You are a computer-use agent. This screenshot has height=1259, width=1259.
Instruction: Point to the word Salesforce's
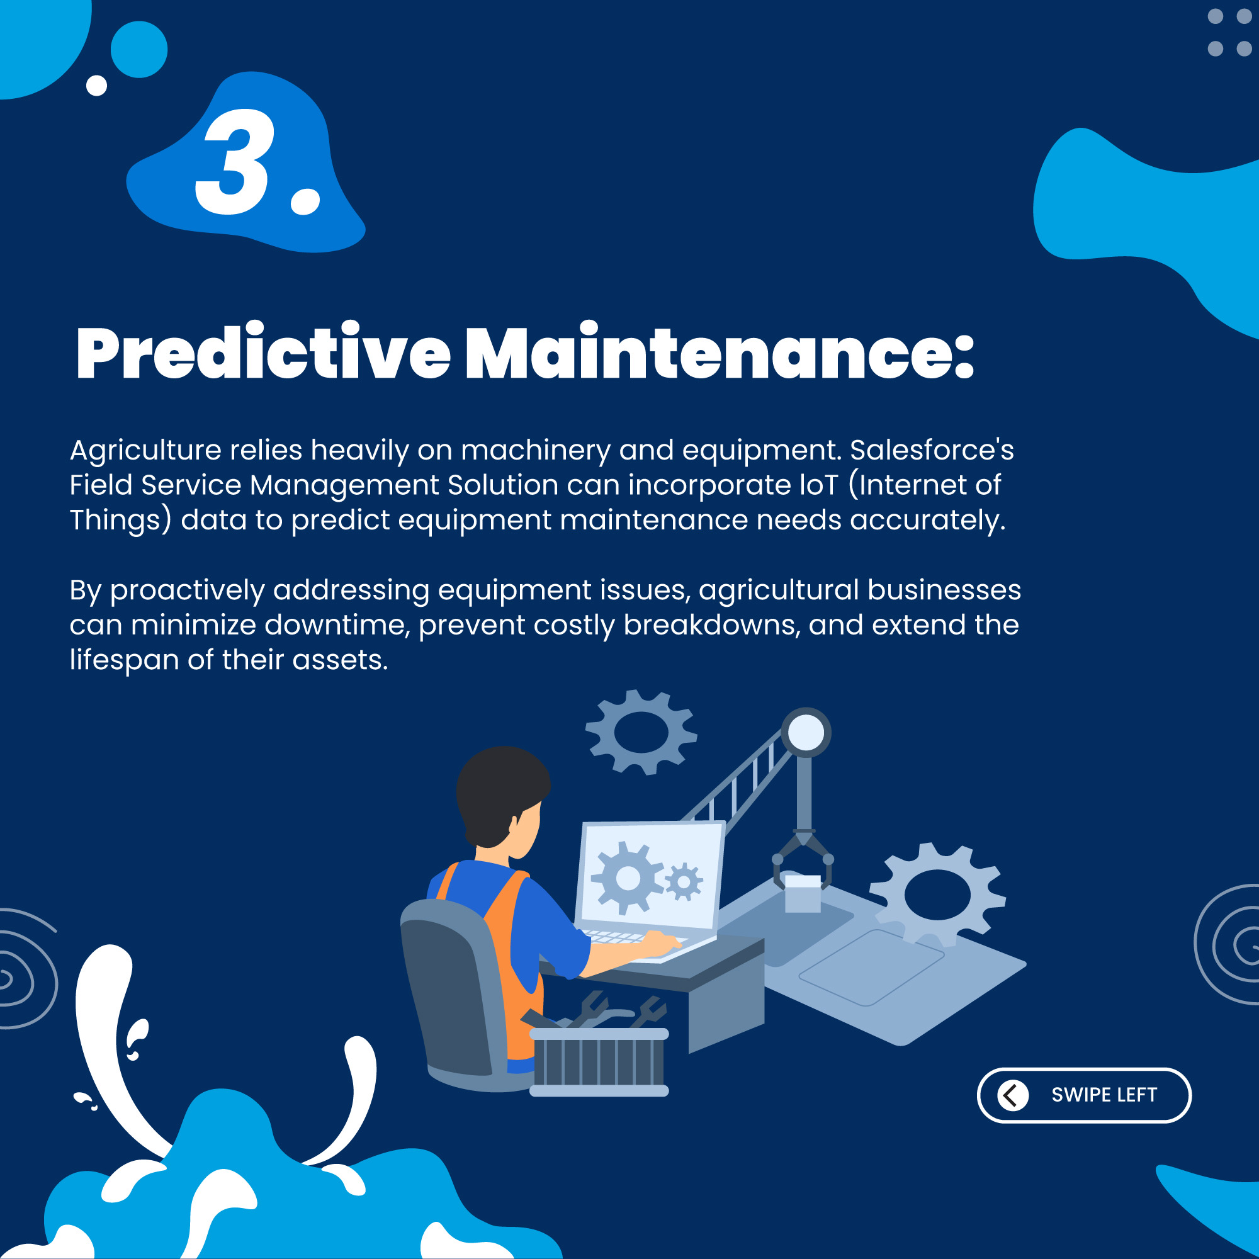pos(932,449)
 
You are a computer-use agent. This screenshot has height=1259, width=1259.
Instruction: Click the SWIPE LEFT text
pos(1104,1095)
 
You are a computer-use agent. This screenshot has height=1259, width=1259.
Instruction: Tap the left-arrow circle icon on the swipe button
pos(1013,1095)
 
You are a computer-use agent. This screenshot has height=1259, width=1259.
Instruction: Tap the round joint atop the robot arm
pos(806,733)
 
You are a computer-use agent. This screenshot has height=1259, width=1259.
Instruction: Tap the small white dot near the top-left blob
pos(96,86)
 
